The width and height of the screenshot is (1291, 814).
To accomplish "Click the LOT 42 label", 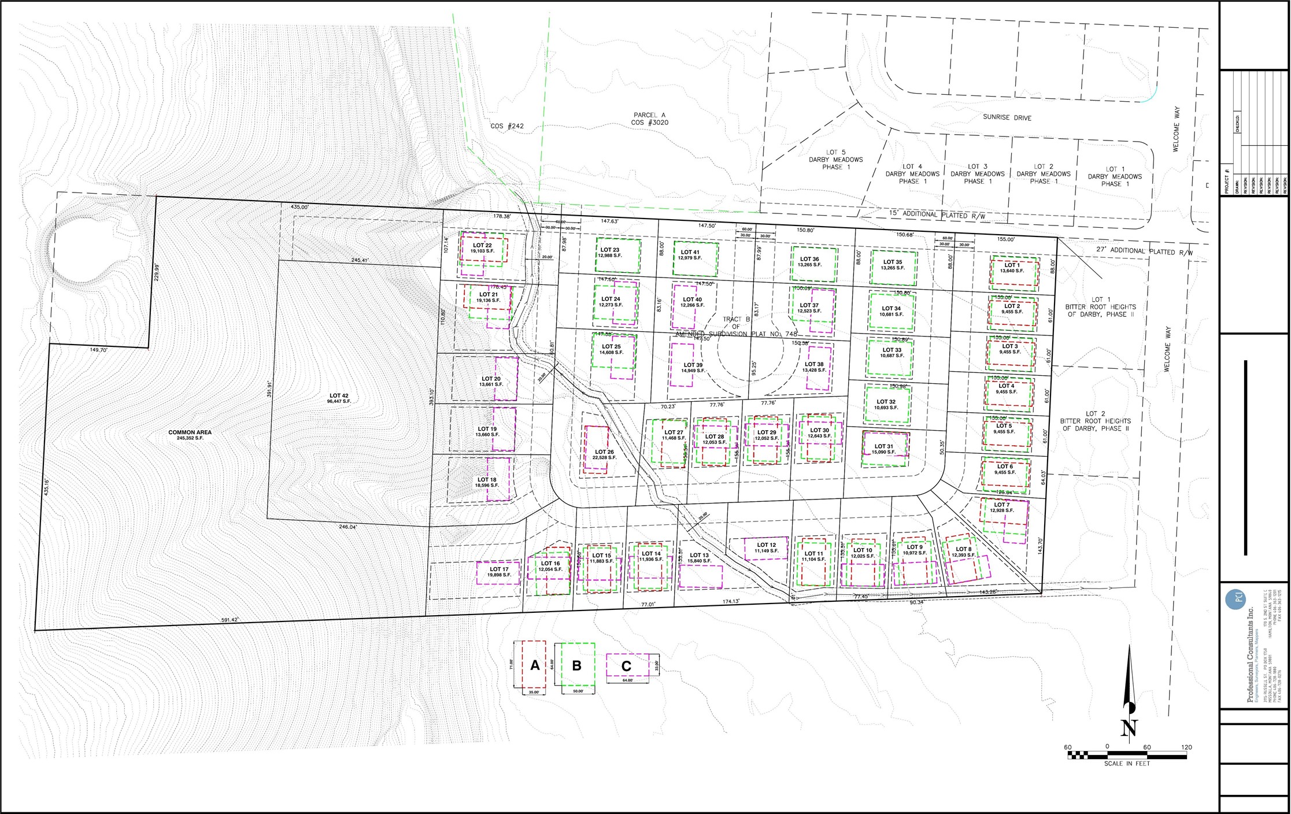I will (338, 396).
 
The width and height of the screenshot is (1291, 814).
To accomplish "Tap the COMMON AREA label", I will (190, 432).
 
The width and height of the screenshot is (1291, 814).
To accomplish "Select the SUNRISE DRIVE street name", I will (1007, 117).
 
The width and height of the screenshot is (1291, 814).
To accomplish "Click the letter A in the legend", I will (535, 665).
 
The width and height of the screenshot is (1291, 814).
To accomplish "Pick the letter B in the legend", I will (576, 665).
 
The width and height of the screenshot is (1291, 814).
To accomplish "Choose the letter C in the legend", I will (626, 667).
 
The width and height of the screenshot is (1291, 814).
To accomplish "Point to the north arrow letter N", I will (1129, 727).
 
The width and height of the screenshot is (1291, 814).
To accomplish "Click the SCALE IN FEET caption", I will (1127, 764).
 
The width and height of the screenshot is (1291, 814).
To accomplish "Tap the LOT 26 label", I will (604, 452).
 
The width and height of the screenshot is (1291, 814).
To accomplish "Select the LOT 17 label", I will (499, 569).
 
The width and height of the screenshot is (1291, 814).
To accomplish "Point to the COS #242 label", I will (507, 126).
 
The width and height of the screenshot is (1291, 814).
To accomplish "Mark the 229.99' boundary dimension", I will (157, 272).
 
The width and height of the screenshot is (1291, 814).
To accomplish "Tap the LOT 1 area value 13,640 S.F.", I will (1012, 271).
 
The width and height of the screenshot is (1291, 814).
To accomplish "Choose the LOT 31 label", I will (883, 446).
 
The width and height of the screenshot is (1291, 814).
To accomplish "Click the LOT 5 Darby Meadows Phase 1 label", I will (835, 160).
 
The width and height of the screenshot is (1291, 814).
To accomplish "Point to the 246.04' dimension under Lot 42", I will (348, 527).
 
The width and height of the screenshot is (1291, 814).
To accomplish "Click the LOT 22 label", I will (482, 246).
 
